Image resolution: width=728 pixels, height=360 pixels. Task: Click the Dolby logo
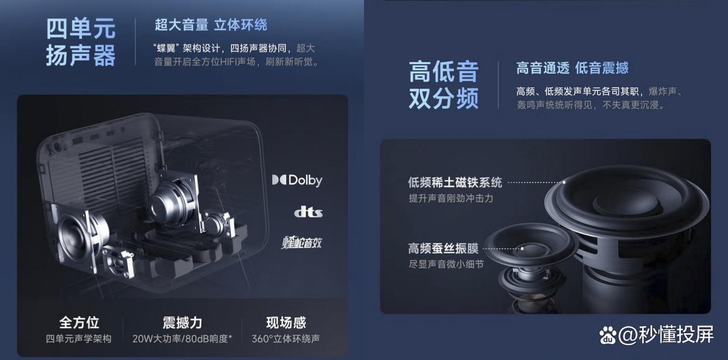(297, 180)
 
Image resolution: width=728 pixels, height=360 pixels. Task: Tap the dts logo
(308, 212)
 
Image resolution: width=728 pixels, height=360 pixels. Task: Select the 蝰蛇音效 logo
(302, 242)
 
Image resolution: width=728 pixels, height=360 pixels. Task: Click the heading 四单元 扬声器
(81, 42)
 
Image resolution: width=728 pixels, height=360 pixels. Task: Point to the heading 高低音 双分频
(444, 84)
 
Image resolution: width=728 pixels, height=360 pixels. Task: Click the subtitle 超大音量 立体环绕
(211, 25)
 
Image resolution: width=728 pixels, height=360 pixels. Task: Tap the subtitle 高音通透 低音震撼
(572, 68)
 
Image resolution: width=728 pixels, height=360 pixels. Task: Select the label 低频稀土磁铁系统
(455, 182)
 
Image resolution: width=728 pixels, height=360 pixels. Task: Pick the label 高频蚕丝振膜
(443, 249)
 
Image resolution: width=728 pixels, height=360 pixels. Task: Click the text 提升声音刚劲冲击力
(451, 198)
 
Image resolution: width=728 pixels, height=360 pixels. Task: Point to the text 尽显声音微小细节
(446, 264)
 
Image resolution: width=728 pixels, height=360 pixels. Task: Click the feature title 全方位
(79, 322)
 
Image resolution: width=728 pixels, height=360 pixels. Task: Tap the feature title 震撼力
(182, 322)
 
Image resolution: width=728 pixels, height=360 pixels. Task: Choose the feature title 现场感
(286, 322)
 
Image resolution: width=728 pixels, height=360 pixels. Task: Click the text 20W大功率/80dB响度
(182, 339)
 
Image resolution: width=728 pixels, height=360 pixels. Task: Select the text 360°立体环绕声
(285, 339)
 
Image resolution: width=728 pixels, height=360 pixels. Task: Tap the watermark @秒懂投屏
(666, 335)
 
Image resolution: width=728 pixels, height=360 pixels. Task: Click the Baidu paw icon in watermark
(608, 335)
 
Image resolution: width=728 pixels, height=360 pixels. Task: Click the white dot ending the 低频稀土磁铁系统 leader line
(564, 182)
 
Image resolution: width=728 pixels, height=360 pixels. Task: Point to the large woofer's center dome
(628, 202)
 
